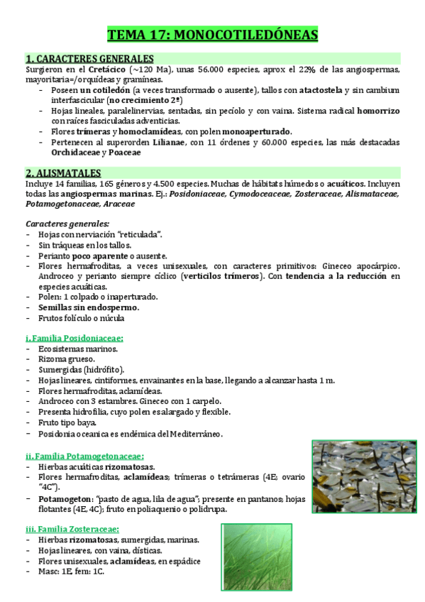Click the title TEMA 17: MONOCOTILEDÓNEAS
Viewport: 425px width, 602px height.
tap(212, 35)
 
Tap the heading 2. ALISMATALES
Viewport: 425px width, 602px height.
tap(63, 173)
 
